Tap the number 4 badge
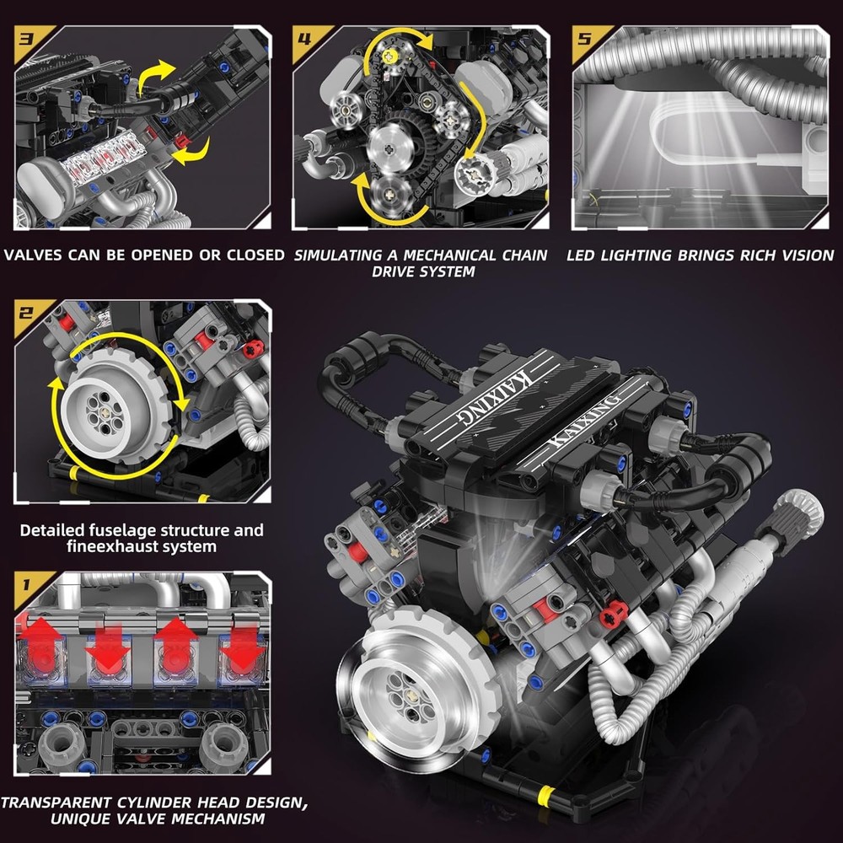pos(304,39)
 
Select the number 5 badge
pos(583,39)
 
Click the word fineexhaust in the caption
pos(91,546)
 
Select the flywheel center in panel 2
pos(108,410)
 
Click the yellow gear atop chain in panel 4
pos(389,54)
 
